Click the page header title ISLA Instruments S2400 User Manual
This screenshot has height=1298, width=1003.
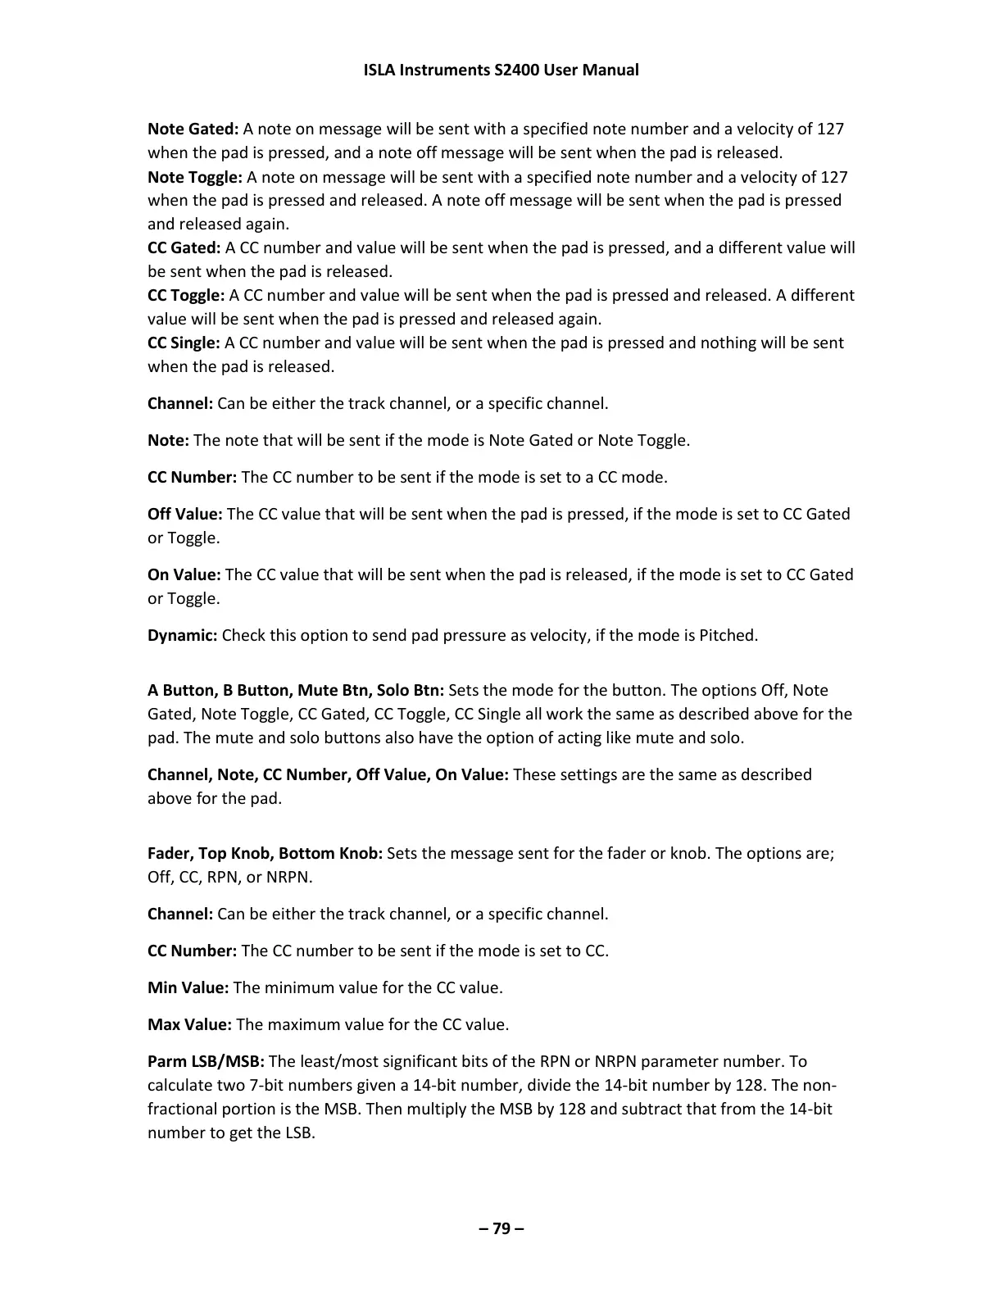pos(501,70)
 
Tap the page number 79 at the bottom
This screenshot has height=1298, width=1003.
pos(501,1228)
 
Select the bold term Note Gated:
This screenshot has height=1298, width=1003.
pos(193,129)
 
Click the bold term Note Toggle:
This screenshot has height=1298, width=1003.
pos(195,177)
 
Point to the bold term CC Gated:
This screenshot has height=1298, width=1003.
pos(184,247)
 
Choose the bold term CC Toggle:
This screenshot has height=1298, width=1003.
pos(186,295)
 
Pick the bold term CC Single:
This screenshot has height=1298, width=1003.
pos(184,343)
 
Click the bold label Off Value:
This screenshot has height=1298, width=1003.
pos(185,514)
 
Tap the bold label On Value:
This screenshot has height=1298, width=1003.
pos(184,574)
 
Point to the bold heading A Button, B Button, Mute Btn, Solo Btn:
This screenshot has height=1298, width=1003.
pos(296,690)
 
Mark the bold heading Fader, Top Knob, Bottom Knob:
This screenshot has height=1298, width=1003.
pos(265,853)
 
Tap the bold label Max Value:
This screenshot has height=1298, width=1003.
pos(189,1024)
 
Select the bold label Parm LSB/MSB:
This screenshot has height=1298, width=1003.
pos(206,1061)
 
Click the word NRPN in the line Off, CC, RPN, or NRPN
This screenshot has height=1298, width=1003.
pos(289,877)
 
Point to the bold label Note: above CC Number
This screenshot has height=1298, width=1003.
pos(168,440)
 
